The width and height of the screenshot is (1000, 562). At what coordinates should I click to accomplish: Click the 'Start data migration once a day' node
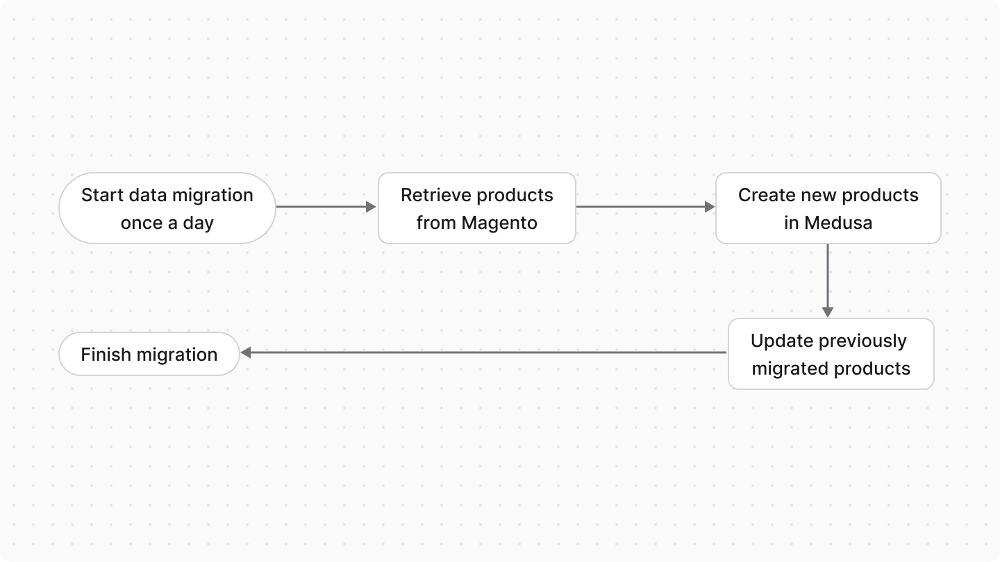(x=167, y=208)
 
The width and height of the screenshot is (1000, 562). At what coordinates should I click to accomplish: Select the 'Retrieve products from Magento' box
(x=477, y=208)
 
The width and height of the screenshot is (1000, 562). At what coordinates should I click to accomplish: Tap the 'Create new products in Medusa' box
(x=828, y=208)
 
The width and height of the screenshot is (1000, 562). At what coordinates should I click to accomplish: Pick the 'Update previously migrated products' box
(x=831, y=354)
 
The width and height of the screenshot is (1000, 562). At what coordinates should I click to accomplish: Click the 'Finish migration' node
(x=149, y=355)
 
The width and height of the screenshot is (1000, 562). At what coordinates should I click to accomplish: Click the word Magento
(x=500, y=223)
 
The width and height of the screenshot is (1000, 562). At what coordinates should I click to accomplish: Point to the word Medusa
(x=837, y=223)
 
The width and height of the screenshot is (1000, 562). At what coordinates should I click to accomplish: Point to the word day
(x=198, y=223)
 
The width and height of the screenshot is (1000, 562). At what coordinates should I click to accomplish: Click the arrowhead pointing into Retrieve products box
(x=371, y=207)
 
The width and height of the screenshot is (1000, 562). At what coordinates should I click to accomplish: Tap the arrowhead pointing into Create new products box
(x=709, y=207)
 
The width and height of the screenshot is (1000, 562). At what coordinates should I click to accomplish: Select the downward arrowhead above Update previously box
(x=828, y=312)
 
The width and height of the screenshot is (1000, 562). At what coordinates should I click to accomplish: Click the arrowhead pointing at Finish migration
(x=246, y=352)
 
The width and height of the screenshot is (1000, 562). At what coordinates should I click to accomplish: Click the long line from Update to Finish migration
(x=486, y=352)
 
